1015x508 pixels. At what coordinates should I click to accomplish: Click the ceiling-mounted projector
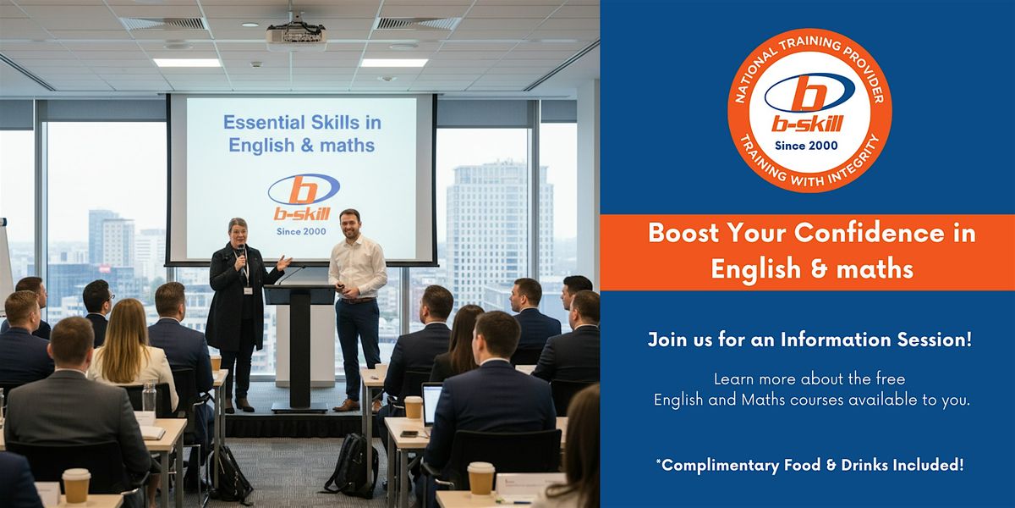(x=296, y=35)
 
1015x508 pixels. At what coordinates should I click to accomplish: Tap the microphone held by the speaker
(x=240, y=255)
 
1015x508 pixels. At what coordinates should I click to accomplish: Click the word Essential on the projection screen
(x=264, y=123)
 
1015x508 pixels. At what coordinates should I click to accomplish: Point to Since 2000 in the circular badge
(x=806, y=146)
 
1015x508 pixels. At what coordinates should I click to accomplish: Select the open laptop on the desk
(x=431, y=404)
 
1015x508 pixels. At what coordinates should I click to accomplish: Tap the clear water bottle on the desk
(x=149, y=397)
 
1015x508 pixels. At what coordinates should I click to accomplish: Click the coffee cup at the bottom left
(x=76, y=486)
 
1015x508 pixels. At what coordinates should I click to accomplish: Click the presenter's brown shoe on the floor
(x=347, y=406)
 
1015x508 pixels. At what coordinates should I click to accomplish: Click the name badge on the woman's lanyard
(x=248, y=290)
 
